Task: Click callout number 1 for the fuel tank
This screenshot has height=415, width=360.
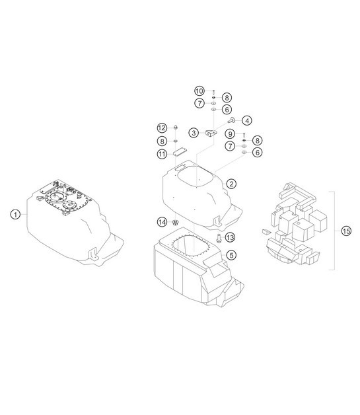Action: tap(15, 214)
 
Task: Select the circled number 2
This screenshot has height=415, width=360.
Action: tap(231, 184)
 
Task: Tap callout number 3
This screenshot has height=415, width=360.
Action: tap(194, 133)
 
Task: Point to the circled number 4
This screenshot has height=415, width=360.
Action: tap(247, 120)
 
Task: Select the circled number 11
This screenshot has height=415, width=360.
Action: tap(161, 154)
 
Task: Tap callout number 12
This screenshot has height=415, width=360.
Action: tap(162, 128)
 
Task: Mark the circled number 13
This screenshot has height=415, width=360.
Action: tap(230, 237)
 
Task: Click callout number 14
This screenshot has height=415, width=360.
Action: tap(162, 221)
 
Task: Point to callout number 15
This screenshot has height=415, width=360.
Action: tap(346, 231)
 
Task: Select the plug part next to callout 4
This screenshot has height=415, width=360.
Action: tap(233, 120)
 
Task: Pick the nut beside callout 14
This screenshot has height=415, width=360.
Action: tap(176, 221)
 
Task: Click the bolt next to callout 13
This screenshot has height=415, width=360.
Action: tap(218, 237)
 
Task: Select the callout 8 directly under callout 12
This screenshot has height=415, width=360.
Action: tap(162, 141)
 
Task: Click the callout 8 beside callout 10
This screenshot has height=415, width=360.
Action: tap(227, 97)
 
